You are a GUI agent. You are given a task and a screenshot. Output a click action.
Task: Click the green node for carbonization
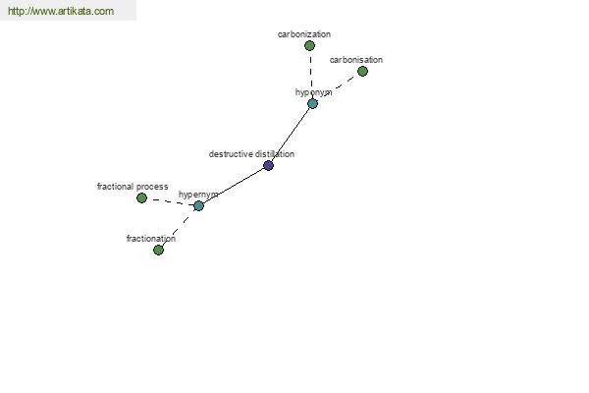click(x=309, y=46)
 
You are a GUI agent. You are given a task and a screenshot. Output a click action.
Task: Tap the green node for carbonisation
click(x=362, y=71)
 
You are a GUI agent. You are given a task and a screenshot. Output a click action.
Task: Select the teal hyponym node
click(x=312, y=103)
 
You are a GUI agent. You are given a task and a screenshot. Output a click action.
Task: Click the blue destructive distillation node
click(x=268, y=165)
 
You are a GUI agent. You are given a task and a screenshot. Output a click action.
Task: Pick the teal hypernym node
click(x=198, y=205)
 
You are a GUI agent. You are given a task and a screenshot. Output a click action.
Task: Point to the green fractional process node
click(x=141, y=197)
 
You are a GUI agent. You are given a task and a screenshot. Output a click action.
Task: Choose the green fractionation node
click(x=158, y=251)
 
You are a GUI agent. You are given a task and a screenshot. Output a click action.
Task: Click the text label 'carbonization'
click(x=304, y=34)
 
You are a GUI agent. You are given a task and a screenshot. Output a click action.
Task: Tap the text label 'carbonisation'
click(x=356, y=60)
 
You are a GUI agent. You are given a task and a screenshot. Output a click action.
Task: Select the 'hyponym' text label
click(x=314, y=92)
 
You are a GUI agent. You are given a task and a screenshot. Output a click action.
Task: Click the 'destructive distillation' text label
click(x=251, y=154)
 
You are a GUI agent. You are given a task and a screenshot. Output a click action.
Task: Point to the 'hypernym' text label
click(x=198, y=195)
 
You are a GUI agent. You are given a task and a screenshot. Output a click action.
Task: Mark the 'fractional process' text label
click(x=133, y=187)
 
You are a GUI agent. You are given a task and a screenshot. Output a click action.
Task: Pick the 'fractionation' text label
click(x=151, y=239)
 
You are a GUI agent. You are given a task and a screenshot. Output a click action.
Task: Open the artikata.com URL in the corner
click(x=61, y=11)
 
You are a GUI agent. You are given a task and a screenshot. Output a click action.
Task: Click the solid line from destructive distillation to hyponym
click(x=291, y=135)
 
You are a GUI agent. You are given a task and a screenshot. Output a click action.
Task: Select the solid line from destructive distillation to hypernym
click(x=234, y=186)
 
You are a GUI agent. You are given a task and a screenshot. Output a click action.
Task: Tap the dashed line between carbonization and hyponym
click(x=311, y=75)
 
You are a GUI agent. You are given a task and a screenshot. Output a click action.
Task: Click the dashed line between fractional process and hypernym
click(x=170, y=202)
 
